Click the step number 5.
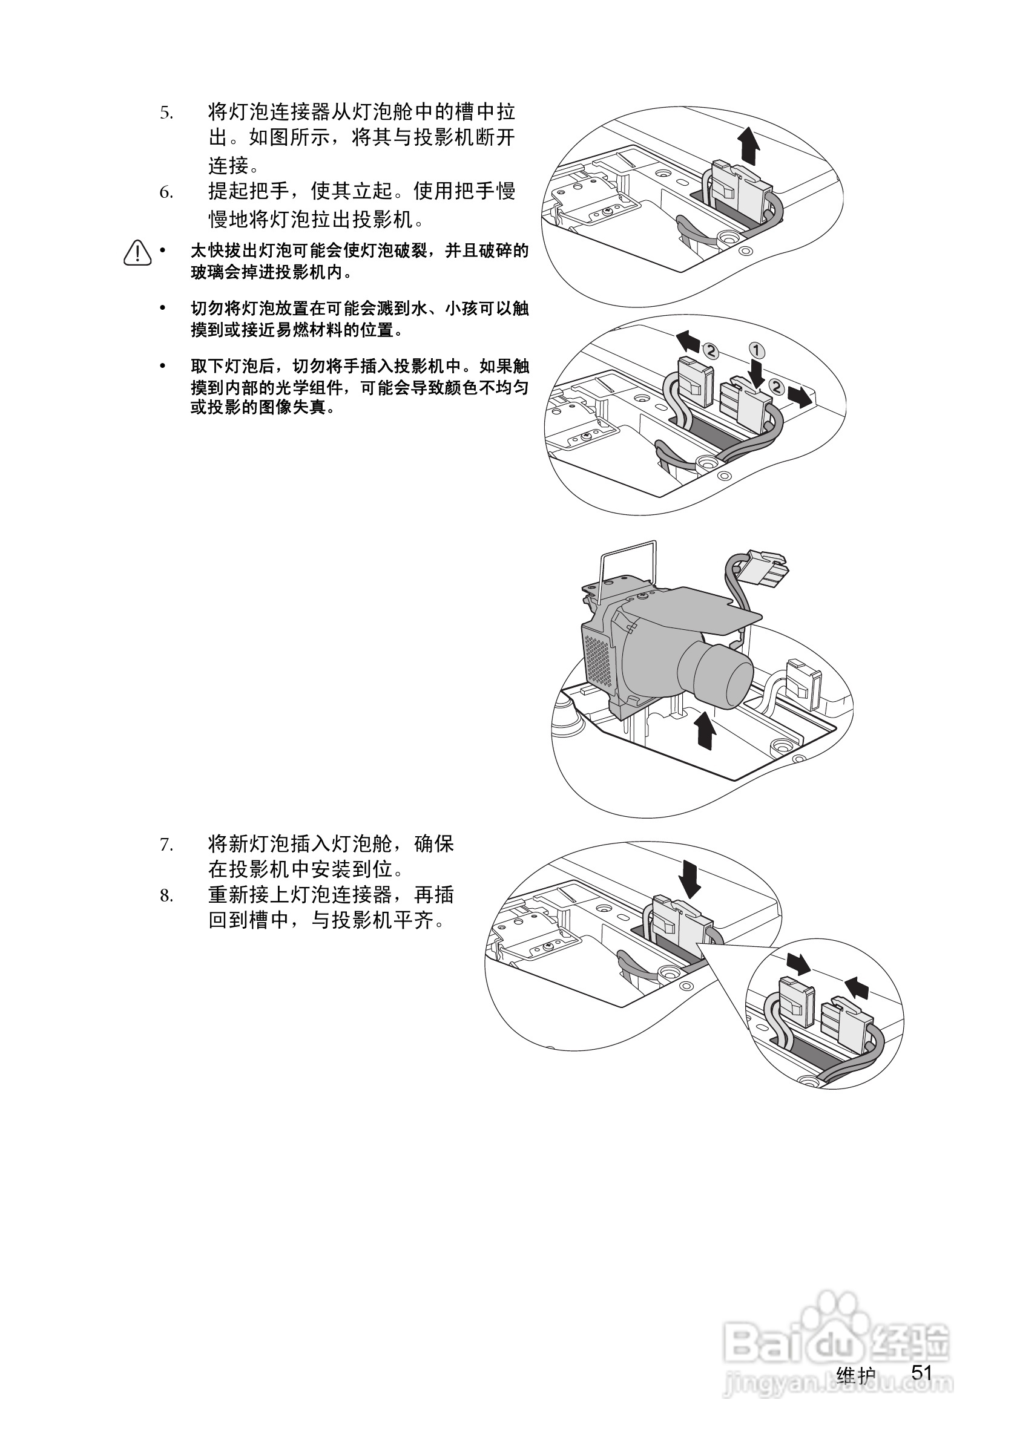tap(166, 114)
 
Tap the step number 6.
tap(166, 192)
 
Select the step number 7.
tap(166, 845)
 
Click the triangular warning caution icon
tap(137, 253)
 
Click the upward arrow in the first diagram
tap(748, 145)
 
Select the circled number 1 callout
tap(757, 349)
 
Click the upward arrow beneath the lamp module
tap(706, 730)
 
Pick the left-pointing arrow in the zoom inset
tap(857, 989)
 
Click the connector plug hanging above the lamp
tap(760, 568)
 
